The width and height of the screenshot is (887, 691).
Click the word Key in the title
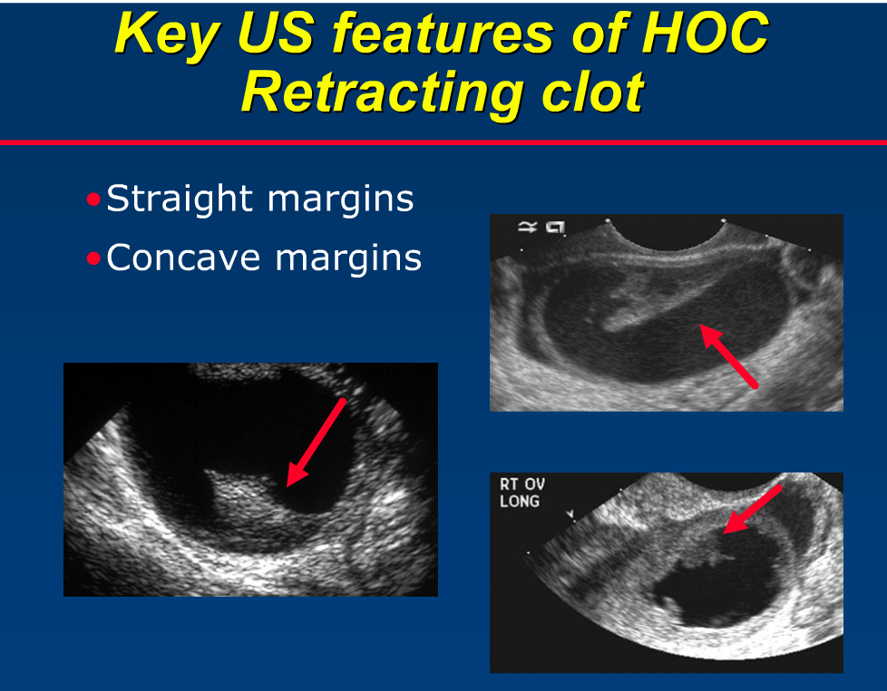[165, 34]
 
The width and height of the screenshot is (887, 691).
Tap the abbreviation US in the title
[272, 34]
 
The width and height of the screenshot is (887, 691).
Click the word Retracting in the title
[381, 92]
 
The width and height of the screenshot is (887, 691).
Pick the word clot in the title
[589, 92]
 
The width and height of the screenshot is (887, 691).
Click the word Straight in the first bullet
[179, 200]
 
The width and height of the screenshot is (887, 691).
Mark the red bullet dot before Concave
[93, 258]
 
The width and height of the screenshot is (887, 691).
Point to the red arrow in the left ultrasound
[316, 443]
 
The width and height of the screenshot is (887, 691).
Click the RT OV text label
[521, 484]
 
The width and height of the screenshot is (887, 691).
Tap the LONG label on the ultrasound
[519, 501]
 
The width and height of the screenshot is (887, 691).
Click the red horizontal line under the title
[443, 142]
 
